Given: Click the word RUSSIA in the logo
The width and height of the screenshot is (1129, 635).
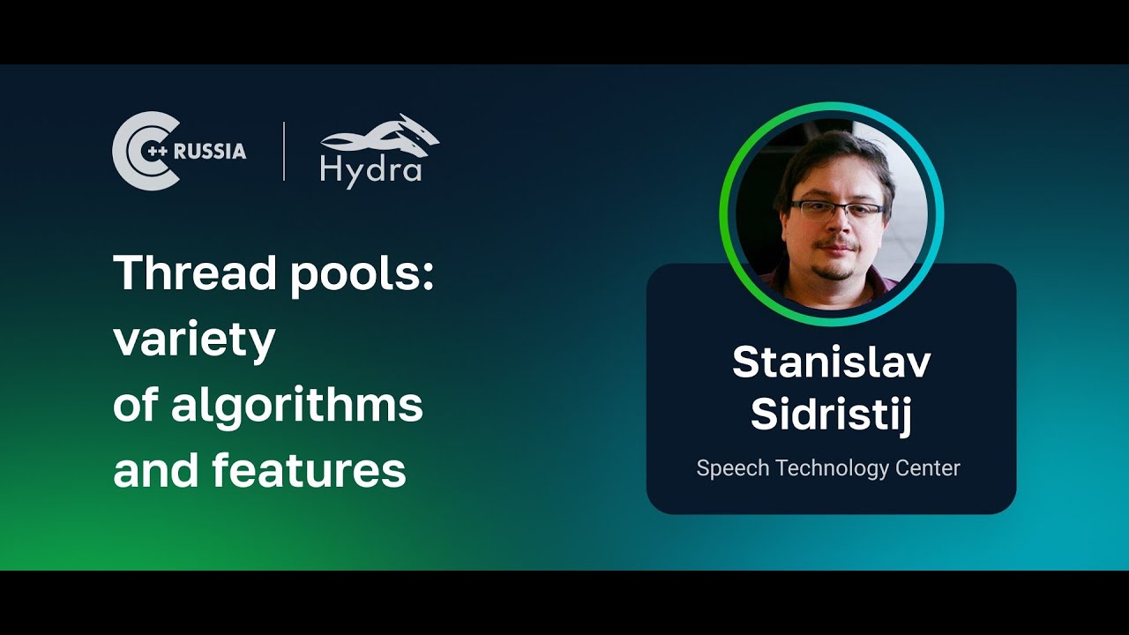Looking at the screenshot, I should click(210, 151).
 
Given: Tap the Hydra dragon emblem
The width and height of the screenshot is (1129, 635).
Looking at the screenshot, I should click(380, 137).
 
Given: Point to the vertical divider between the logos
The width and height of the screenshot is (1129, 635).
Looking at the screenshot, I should click(284, 152).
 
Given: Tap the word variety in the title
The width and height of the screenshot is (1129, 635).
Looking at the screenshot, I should click(194, 340).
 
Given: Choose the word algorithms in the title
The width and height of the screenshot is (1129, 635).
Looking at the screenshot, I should click(296, 406).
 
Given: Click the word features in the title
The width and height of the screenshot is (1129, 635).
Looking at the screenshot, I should click(309, 471).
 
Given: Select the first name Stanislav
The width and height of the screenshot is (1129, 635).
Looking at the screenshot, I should click(831, 362).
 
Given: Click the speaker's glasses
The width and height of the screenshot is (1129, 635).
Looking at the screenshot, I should click(838, 209).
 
